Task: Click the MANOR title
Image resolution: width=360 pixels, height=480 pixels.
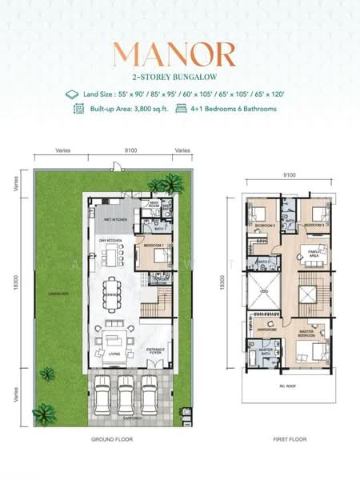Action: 174,54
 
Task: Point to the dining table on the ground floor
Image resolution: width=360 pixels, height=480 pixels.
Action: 111,295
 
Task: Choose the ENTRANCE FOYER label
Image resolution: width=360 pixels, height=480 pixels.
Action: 155,350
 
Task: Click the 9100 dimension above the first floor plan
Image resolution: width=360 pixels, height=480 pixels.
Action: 289,174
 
